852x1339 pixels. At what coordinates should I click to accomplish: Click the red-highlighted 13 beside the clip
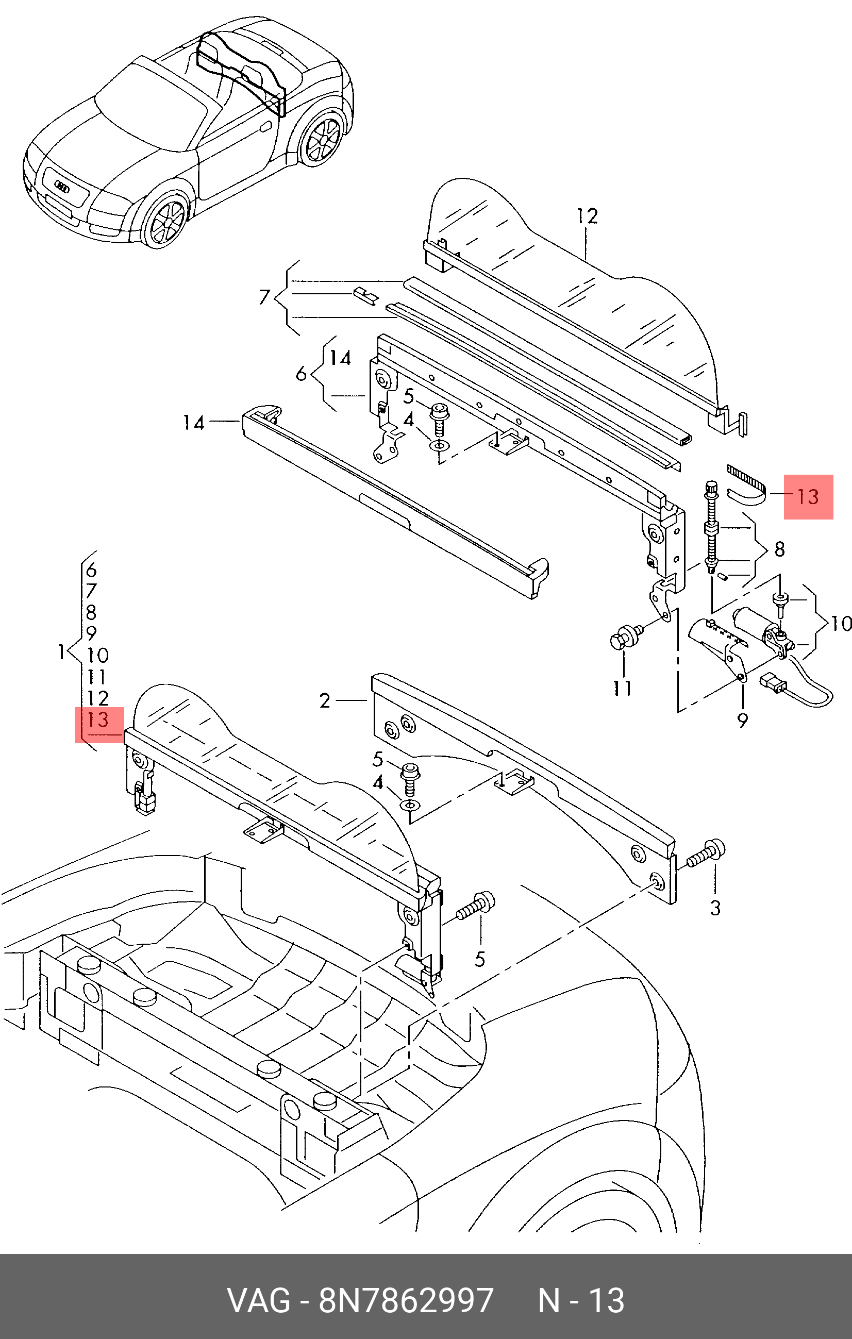click(x=808, y=496)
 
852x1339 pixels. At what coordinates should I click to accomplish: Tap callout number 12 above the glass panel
click(x=587, y=216)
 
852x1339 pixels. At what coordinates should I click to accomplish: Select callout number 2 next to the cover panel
click(x=325, y=700)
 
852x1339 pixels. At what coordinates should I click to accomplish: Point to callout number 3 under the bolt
click(x=715, y=908)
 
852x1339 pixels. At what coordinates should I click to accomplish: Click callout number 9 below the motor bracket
click(x=742, y=721)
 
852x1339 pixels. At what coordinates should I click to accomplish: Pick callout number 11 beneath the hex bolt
click(x=622, y=689)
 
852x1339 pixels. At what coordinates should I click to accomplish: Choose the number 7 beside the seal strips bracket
click(x=265, y=297)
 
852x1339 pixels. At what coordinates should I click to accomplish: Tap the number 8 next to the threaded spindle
click(x=779, y=549)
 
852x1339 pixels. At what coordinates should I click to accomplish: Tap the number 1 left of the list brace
click(x=62, y=651)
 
